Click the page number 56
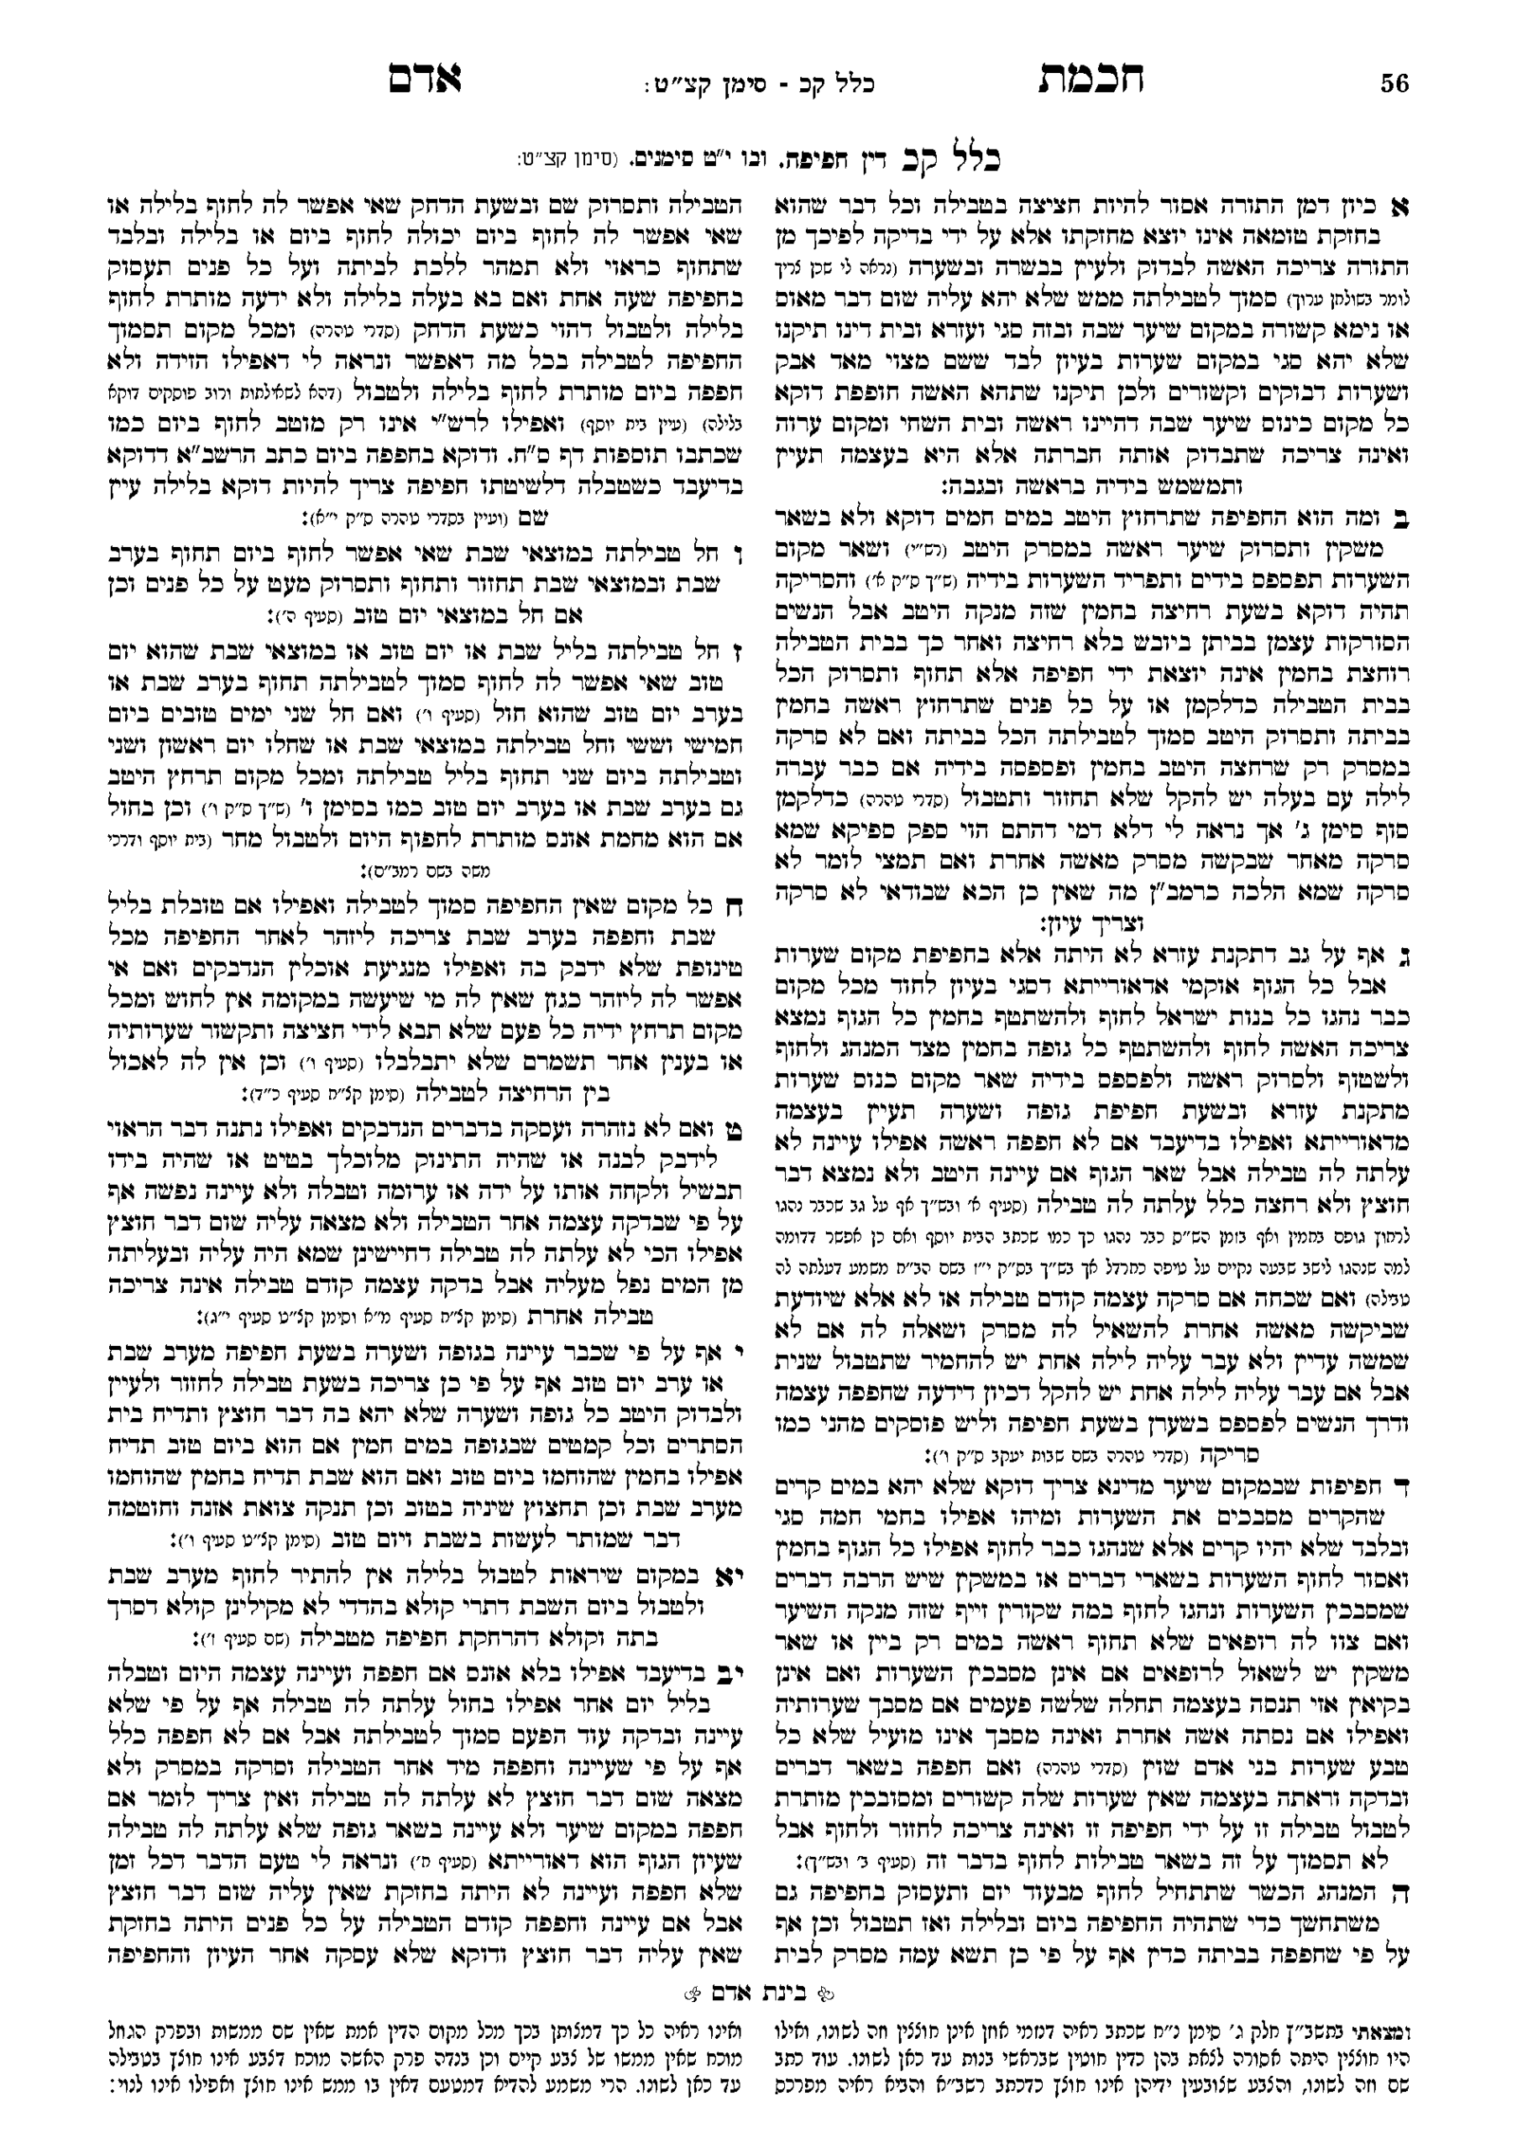point(1394,85)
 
